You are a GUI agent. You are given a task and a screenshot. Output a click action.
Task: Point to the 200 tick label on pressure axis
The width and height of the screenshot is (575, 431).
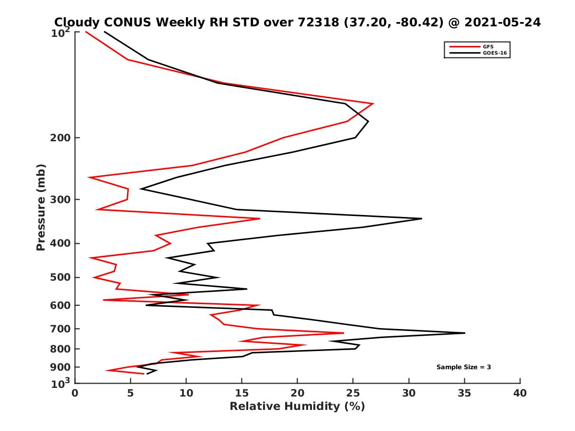click(x=61, y=138)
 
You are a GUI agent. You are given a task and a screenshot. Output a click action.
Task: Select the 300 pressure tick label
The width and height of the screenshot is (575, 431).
click(x=61, y=199)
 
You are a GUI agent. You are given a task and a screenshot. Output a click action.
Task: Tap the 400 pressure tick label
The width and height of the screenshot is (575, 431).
click(x=61, y=243)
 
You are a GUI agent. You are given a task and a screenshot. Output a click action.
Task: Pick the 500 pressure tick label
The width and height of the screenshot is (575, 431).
click(x=61, y=277)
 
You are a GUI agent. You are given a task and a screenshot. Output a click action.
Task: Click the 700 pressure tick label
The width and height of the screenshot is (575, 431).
click(x=61, y=329)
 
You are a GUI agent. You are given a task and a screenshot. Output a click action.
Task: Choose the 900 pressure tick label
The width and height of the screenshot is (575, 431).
click(x=61, y=367)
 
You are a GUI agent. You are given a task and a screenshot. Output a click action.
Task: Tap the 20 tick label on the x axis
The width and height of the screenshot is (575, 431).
click(x=298, y=393)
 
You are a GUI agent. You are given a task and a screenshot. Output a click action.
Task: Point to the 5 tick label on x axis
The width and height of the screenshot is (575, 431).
click(x=130, y=393)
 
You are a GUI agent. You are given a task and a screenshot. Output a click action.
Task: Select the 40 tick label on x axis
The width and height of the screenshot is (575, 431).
click(x=520, y=393)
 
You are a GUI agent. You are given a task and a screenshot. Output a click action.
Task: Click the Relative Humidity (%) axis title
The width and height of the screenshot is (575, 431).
click(x=297, y=407)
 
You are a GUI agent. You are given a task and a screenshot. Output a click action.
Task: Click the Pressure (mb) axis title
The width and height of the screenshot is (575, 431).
click(x=41, y=207)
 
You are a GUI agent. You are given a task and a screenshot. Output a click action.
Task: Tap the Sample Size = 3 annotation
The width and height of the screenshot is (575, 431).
click(x=463, y=367)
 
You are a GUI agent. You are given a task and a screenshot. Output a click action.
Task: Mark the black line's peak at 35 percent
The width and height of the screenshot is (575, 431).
click(x=464, y=333)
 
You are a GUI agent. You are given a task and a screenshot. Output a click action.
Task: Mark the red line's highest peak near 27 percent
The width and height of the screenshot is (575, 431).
click(x=373, y=103)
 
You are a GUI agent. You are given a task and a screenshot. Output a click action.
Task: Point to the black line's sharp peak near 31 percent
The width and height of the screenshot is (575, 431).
click(x=421, y=218)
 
